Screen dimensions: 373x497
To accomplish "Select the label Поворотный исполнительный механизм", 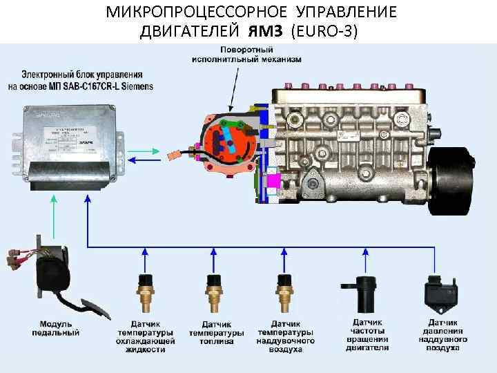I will point(246,55).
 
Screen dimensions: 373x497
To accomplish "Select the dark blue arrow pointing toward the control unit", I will point(148,160).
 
